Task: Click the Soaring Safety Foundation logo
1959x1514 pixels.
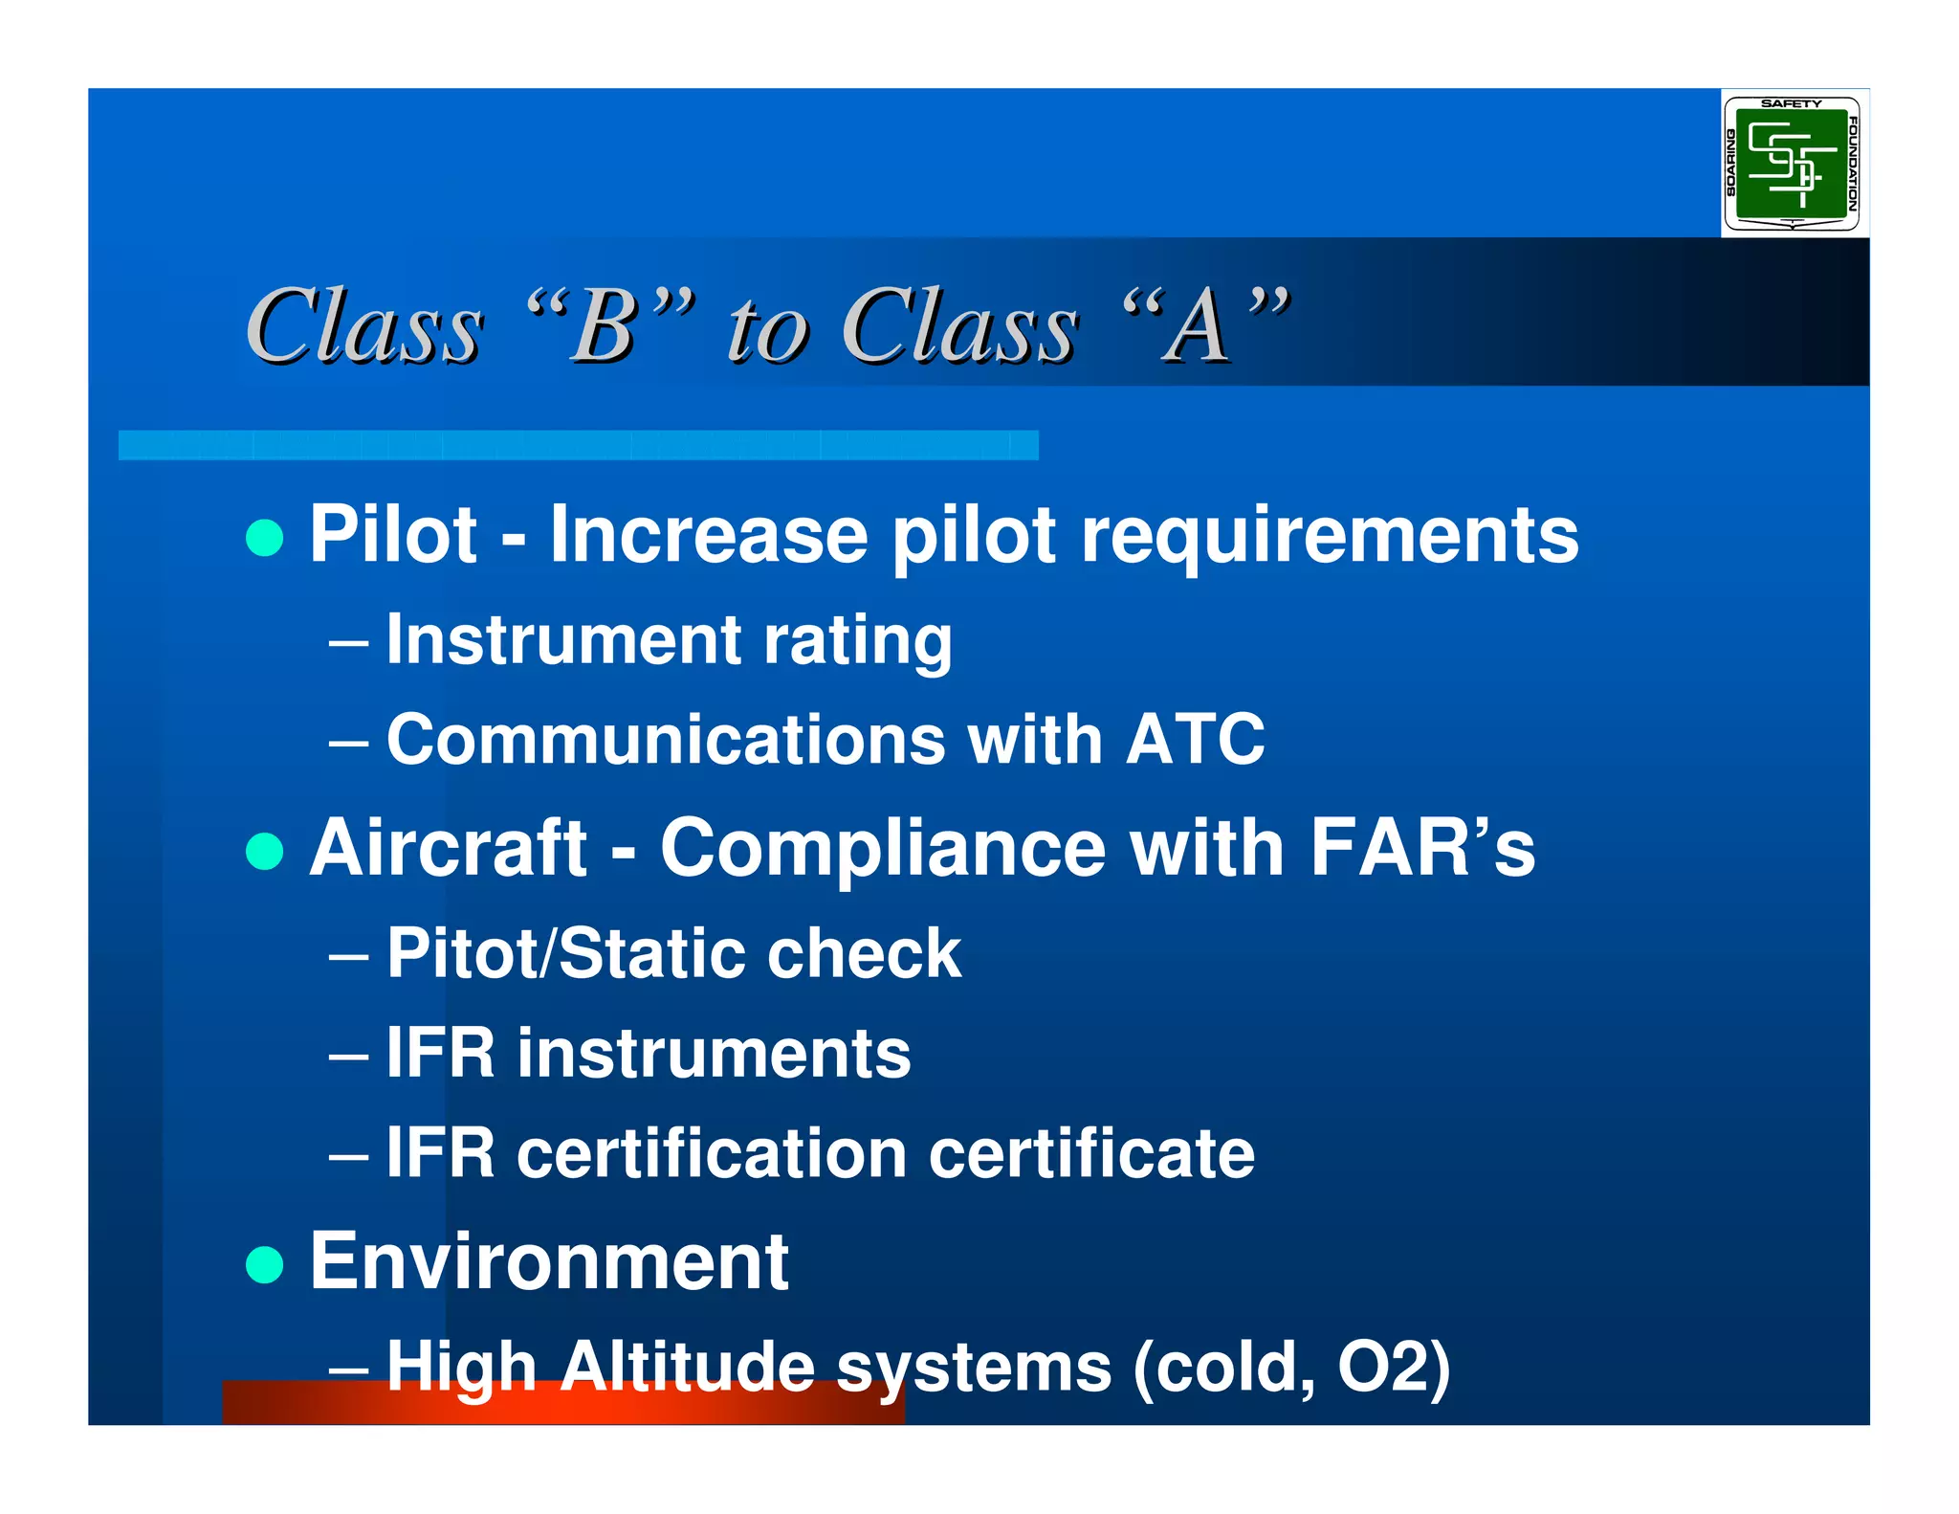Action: tap(1792, 164)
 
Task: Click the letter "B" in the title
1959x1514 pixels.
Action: tap(605, 327)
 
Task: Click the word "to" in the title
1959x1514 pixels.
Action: tap(769, 331)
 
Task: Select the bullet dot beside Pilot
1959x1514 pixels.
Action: tap(265, 538)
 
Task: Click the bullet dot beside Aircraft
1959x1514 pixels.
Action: tap(265, 851)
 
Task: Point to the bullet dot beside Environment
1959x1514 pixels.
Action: tap(265, 1264)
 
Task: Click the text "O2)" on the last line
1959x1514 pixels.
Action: tap(1394, 1367)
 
